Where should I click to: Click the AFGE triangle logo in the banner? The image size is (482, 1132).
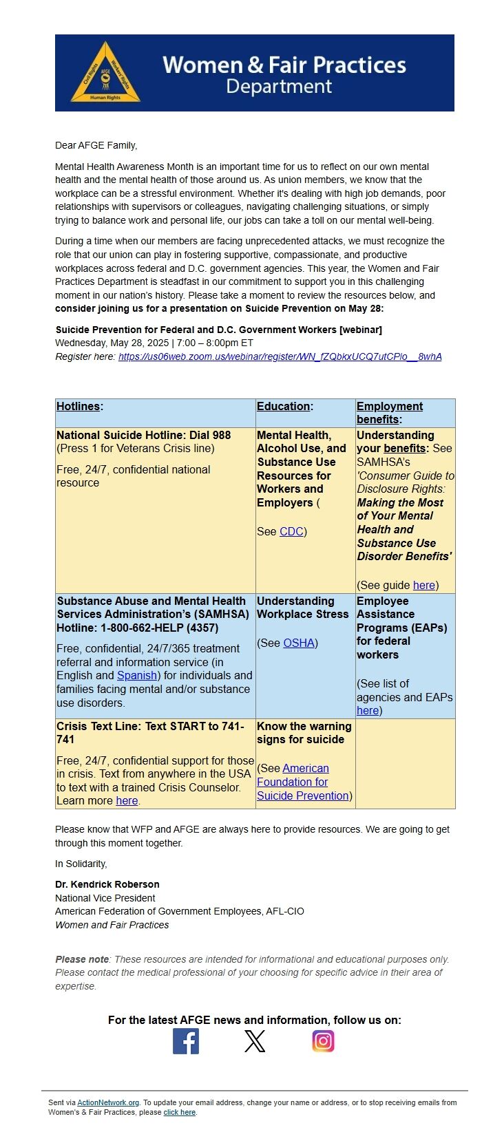click(105, 73)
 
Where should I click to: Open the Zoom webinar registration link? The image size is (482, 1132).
click(280, 356)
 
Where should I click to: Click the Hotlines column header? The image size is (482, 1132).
click(78, 406)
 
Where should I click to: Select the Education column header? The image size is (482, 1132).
click(284, 406)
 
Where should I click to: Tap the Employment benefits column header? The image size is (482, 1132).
click(389, 413)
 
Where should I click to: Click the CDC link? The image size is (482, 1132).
click(291, 531)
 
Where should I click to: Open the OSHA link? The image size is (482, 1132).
click(299, 643)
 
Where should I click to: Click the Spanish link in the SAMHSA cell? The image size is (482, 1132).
click(137, 675)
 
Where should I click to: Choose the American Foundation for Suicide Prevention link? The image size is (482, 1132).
click(302, 782)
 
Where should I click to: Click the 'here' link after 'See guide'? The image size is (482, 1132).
click(424, 585)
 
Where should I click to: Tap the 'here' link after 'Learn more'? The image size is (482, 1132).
click(127, 800)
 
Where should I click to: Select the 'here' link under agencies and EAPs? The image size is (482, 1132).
click(367, 710)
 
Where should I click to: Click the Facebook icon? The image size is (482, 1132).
click(186, 1041)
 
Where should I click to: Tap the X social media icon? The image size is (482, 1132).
click(255, 1041)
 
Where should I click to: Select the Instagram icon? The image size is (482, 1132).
click(323, 1041)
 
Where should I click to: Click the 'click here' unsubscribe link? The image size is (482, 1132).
click(180, 1112)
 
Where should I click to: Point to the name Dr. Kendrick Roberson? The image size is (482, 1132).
click(107, 884)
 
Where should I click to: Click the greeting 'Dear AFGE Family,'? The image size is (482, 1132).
click(96, 145)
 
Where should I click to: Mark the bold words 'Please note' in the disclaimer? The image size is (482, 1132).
click(82, 959)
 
